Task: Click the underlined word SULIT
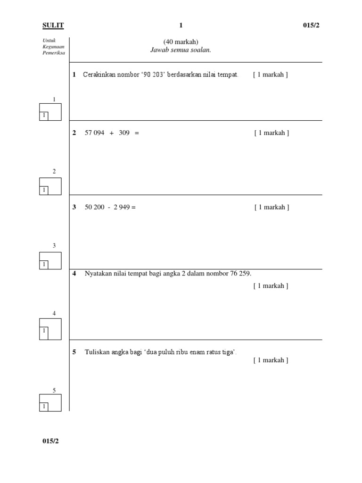(53, 25)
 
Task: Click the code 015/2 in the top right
(311, 25)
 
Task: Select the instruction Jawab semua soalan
(181, 50)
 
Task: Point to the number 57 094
(94, 133)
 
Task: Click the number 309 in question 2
(124, 133)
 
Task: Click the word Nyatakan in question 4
(98, 274)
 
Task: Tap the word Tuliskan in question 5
(97, 352)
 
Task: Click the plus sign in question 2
(112, 133)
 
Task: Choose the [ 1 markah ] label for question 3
(271, 207)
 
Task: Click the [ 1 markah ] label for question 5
(271, 360)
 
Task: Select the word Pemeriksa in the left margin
(53, 53)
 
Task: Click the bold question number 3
(74, 207)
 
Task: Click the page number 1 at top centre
(181, 25)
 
